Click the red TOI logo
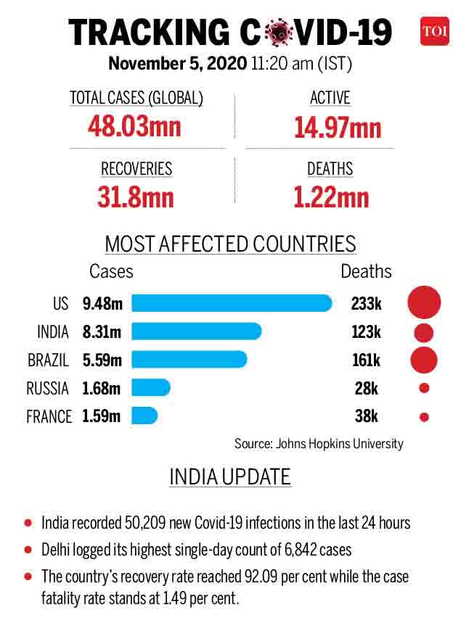435,31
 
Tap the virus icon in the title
279,32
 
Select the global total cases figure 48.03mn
135,126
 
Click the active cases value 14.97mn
338,128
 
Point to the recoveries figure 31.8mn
136,197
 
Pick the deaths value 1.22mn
331,197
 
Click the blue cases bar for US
232,303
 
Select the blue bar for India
197,331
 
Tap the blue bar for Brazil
189,359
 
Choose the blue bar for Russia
151,387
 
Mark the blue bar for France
144,416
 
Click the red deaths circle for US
424,302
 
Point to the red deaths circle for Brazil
424,360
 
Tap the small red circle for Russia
424,388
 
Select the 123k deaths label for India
366,332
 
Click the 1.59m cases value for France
102,416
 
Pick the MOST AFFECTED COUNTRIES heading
231,244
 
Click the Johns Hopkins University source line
319,444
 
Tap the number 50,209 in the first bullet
145,523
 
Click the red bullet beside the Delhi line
28,550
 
